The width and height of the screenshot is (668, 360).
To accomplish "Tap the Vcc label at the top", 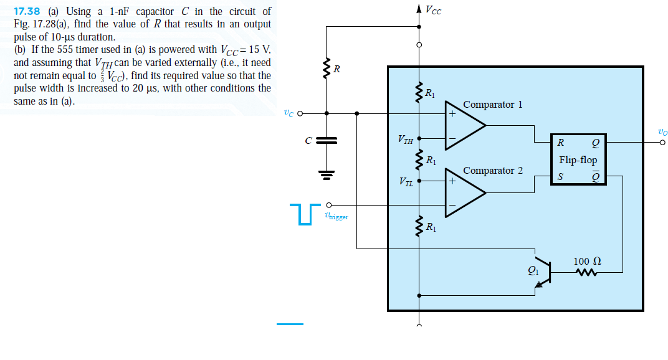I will pos(433,9).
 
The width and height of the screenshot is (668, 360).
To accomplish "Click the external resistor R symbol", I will pos(326,69).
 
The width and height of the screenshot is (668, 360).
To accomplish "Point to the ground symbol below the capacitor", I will pos(326,173).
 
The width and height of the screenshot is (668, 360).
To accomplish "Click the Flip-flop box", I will pos(578,159).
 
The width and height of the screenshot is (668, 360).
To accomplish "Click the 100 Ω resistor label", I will pos(587,261).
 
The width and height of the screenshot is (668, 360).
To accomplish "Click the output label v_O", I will pos(662,131).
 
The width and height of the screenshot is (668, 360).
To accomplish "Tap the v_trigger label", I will pos(336,216).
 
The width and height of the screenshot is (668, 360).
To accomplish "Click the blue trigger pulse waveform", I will pos(303,212).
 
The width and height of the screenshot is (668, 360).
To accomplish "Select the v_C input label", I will pos(288,113).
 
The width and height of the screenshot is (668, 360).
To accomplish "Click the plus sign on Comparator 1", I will pos(452,114).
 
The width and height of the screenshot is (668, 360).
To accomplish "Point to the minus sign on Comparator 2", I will pos(452,206).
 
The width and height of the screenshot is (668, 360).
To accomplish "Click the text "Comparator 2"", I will pos(492,170).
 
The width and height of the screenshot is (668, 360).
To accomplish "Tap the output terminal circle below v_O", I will pos(662,143).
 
